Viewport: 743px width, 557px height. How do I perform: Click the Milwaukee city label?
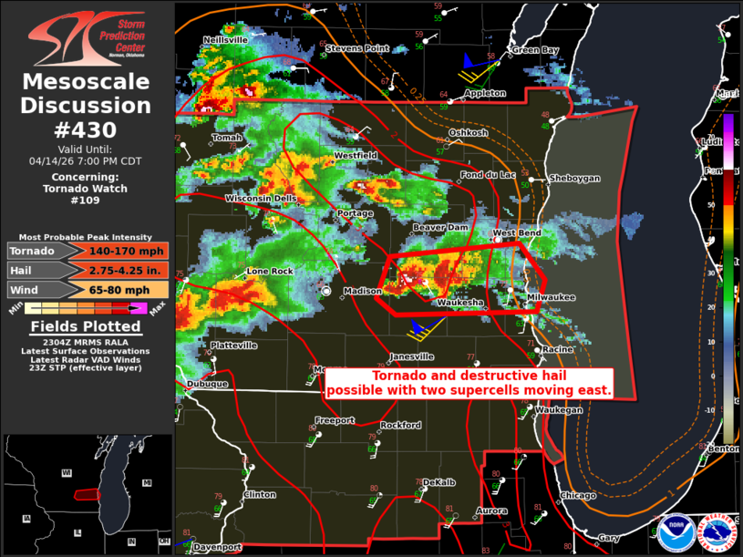click(552, 297)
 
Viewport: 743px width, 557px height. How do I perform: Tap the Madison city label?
click(361, 292)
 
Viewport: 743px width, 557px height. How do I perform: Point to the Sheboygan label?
click(574, 179)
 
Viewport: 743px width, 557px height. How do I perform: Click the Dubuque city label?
click(208, 384)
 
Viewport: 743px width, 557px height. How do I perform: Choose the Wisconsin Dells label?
click(261, 199)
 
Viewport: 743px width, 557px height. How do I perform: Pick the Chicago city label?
click(578, 496)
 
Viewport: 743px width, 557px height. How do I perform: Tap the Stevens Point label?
click(357, 47)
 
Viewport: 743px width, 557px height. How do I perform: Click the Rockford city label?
click(401, 426)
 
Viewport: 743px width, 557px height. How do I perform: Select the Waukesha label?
click(459, 303)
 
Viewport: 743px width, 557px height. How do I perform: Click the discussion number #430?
click(86, 129)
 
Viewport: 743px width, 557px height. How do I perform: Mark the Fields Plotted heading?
click(86, 327)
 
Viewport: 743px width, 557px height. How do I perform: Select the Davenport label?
click(218, 547)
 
